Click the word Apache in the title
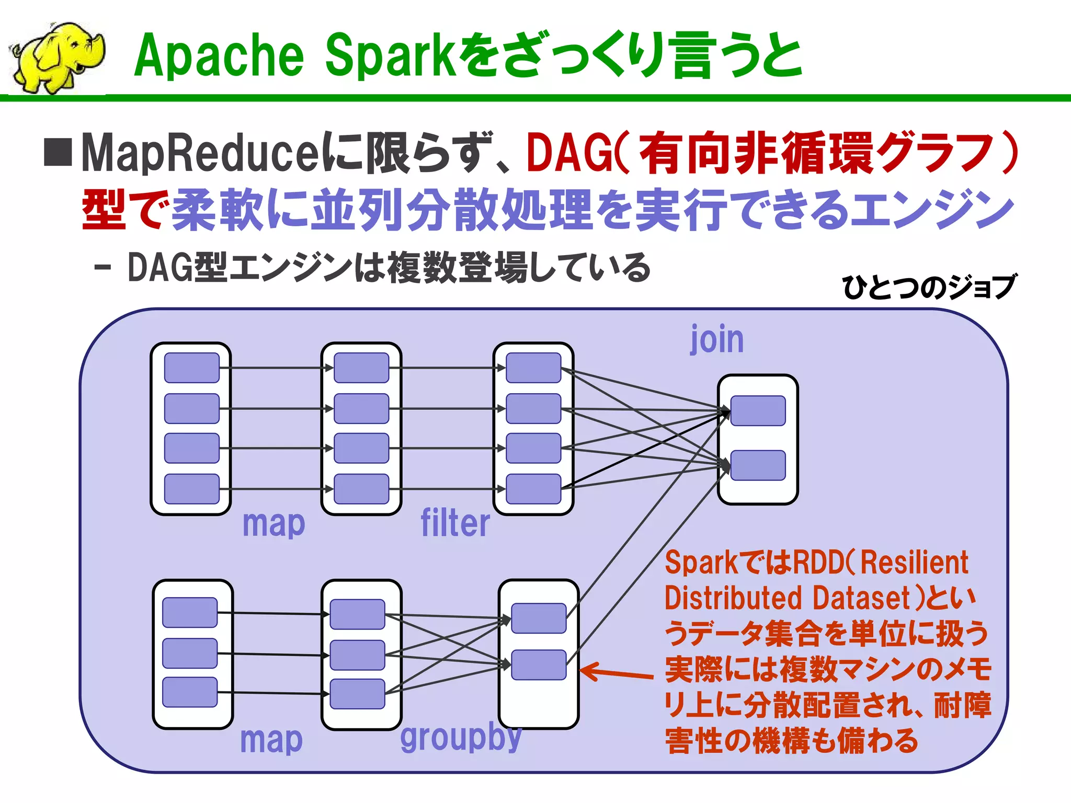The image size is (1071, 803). pos(219,55)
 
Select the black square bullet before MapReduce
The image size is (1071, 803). pos(58,153)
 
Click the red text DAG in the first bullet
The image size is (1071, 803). pos(568,153)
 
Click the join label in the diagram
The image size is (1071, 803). pos(717,339)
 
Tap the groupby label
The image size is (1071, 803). pos(461,737)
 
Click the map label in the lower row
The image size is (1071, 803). pos(271,740)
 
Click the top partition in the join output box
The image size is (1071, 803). pos(758,410)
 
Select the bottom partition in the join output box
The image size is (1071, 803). pos(758,465)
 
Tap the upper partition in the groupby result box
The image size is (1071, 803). pos(539,618)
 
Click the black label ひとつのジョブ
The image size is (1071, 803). pos(928,287)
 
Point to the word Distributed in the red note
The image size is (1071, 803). pos(733,598)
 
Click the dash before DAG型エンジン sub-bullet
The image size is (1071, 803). pos(102,268)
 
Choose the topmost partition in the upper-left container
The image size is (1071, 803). pos(191,368)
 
